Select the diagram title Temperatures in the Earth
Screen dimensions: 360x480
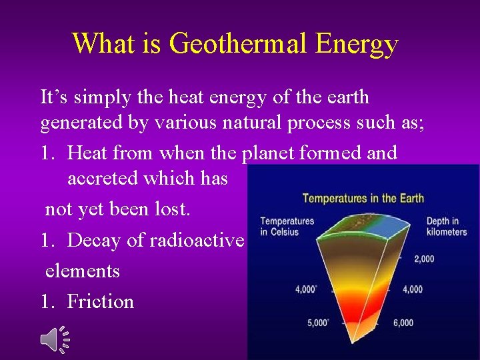point(363,198)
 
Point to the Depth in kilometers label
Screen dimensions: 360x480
point(446,227)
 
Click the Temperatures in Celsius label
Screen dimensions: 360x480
point(287,226)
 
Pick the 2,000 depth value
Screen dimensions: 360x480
point(424,259)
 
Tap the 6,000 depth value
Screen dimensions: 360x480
point(403,323)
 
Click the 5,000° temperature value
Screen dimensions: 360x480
point(318,323)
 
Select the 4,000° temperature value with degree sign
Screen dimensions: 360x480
point(307,289)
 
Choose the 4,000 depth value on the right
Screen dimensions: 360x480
point(412,289)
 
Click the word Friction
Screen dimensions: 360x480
point(101,302)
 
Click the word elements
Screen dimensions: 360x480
point(83,271)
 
